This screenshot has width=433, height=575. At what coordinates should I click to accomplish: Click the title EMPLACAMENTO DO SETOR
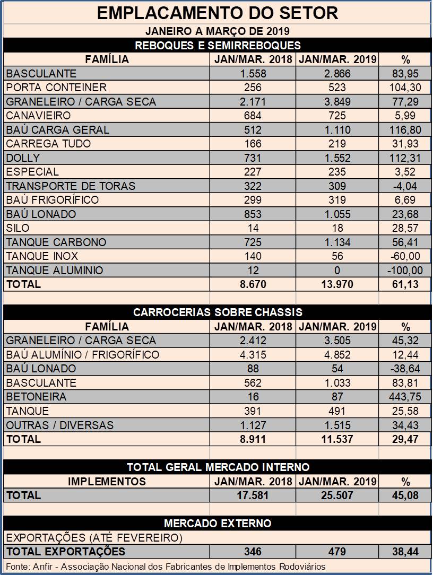[218, 13]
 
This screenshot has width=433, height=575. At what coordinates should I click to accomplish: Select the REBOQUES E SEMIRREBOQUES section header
[218, 45]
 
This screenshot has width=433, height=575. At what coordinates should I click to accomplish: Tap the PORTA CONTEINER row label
[56, 88]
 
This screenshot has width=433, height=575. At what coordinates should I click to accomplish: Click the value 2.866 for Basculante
[337, 74]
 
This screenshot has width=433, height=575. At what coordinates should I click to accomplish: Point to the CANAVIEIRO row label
[38, 116]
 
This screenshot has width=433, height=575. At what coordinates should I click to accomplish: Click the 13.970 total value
[337, 284]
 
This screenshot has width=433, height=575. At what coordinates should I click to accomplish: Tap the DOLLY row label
[23, 158]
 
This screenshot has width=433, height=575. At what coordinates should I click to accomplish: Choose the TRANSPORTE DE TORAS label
[71, 186]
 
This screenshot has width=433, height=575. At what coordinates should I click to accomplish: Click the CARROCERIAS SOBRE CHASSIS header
[218, 312]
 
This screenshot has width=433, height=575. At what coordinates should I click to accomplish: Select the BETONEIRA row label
[36, 397]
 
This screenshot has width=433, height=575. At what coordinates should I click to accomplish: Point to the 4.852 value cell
[337, 355]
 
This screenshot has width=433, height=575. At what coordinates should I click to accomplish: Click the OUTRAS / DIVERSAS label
[59, 425]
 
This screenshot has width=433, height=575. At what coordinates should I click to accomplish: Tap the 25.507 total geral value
[337, 495]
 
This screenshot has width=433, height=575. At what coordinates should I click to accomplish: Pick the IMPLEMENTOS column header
[107, 482]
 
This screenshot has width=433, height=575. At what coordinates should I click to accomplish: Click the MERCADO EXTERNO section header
[218, 524]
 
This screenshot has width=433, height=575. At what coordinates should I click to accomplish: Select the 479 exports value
[337, 552]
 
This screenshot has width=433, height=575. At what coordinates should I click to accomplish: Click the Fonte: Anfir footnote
[166, 567]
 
